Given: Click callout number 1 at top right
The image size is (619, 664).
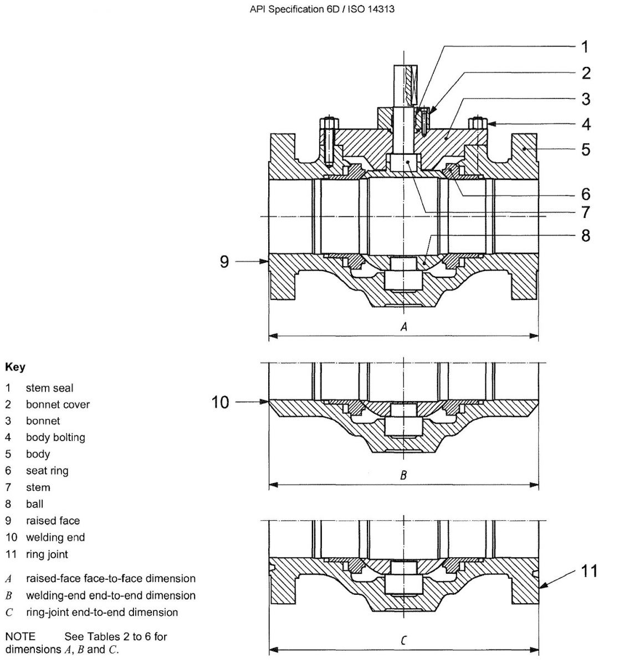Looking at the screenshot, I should pos(585,46).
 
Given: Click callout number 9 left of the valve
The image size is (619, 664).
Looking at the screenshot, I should pos(224,261).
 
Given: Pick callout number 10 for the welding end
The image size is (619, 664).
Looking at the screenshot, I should pos(220,402).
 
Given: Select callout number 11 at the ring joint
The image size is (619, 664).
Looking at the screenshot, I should pos(589,570).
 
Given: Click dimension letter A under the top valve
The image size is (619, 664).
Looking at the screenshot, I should pos(403,327).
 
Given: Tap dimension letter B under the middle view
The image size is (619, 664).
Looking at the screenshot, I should pos(403,475).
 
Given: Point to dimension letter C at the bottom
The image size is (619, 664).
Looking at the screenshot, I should pos(403,641).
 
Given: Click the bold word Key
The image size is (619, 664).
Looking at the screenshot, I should pos(15,367).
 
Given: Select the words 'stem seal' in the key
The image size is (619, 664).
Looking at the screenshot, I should pos(49,388).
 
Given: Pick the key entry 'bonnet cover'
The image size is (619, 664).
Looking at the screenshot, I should pos(58,404).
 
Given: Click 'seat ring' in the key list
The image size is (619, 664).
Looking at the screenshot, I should pos(47,471).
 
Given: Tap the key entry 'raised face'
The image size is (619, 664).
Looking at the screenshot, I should pos(53,521).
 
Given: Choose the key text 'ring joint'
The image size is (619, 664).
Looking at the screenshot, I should pos(47,554).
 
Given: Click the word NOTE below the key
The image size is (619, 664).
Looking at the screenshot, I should pos(20,636).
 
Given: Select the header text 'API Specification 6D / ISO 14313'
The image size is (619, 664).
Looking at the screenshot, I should pos(323,9).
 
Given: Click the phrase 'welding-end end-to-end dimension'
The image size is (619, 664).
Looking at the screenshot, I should pos(110,595).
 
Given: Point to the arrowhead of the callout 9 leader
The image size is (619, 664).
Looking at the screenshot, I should pos(267,261).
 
